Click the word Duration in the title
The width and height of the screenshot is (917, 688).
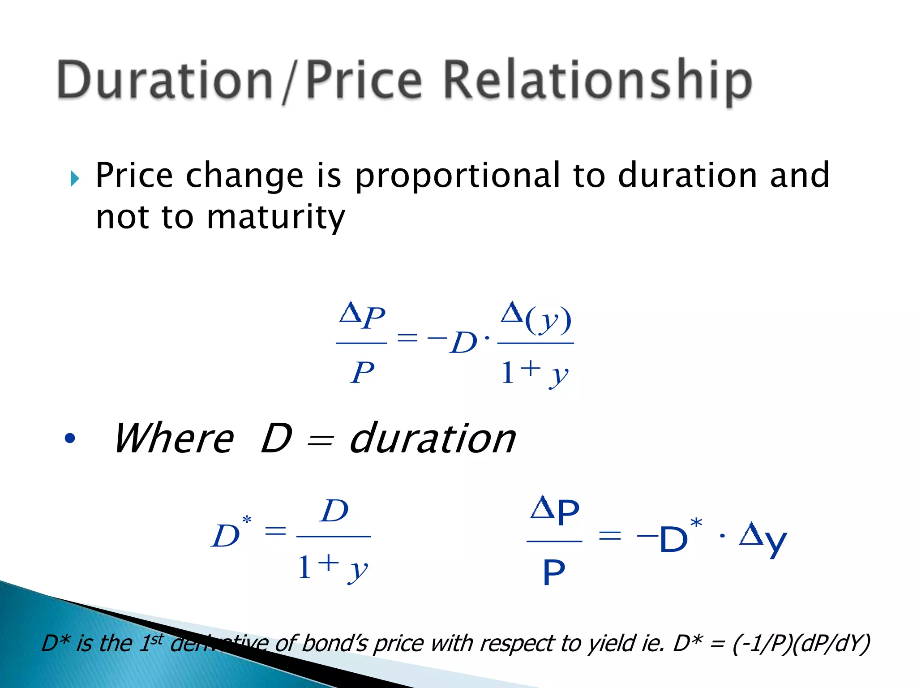point(165,81)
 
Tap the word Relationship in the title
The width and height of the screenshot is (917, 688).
point(598,81)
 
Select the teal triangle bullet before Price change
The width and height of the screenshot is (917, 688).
point(75,179)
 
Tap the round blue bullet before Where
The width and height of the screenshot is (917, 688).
point(70,438)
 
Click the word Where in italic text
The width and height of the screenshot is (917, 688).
point(174,439)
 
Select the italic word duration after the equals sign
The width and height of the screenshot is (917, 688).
point(432,439)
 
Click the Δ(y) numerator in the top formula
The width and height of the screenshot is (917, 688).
point(536,319)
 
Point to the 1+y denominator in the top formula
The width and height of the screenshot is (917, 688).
point(534,373)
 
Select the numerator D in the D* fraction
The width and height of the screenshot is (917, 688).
point(334,511)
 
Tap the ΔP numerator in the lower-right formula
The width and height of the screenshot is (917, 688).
point(555,512)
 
